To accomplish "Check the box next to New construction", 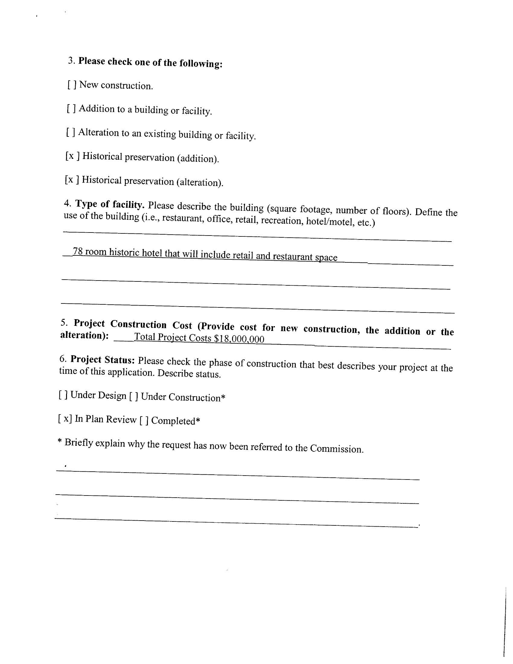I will coord(72,85).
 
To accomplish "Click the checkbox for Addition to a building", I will coord(71,108).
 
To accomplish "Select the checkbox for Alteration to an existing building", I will coord(71,132).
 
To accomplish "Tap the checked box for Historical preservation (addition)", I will coord(72,156).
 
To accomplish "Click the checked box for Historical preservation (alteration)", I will coord(72,180).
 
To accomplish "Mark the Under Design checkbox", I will coord(63,395).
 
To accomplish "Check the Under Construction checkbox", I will coord(134,396).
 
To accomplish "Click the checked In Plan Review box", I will coord(65,419).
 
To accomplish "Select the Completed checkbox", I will coord(144,420).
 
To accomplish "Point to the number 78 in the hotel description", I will coord(78,252).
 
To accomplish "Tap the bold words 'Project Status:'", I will coord(102,360).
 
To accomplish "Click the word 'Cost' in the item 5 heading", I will coord(182,325).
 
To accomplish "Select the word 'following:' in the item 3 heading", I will coord(201,63).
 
